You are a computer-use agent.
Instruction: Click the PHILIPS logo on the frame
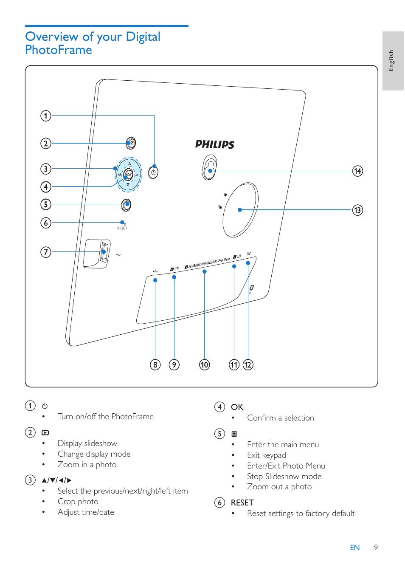click(214, 144)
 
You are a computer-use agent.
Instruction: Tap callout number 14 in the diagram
click(357, 171)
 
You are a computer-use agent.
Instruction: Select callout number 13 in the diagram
click(357, 210)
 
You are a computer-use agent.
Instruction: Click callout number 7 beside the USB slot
click(46, 252)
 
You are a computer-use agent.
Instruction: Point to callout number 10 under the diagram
click(204, 365)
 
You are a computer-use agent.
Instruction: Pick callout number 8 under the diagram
click(155, 365)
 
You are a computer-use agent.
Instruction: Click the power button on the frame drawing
click(153, 172)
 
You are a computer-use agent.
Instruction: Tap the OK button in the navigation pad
click(129, 175)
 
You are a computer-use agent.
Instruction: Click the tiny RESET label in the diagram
click(122, 229)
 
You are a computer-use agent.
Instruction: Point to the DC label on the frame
click(249, 254)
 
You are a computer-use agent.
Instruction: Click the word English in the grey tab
click(391, 60)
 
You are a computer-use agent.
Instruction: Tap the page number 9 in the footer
click(376, 548)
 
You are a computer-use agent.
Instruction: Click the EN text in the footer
click(354, 548)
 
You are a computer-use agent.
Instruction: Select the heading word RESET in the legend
click(242, 502)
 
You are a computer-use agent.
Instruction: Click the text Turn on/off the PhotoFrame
click(105, 417)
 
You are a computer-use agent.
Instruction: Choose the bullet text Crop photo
click(78, 502)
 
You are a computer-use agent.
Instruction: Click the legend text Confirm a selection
click(280, 418)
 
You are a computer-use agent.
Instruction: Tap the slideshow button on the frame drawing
click(131, 143)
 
